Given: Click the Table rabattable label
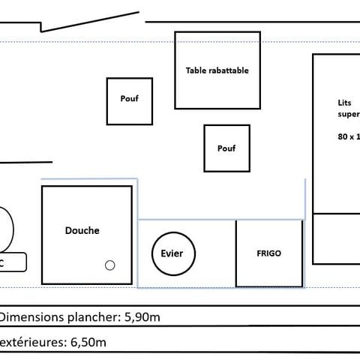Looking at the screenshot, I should click(x=217, y=70).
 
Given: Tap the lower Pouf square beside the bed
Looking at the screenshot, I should click(x=226, y=148).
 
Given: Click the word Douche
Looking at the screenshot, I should click(x=82, y=231).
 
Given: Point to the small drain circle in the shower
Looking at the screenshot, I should click(x=109, y=265).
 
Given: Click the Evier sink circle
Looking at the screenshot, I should click(x=172, y=253).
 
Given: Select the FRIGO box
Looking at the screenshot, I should click(x=268, y=253).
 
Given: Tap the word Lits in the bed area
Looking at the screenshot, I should click(x=343, y=103).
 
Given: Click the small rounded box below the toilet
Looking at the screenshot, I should click(x=11, y=263).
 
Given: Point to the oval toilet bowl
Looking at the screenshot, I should click(x=5, y=229).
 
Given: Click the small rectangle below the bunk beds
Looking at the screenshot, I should click(x=335, y=238).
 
